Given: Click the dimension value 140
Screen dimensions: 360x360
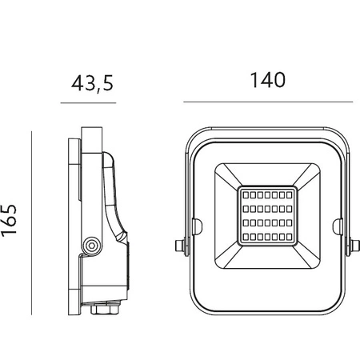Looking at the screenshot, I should coord(268,81).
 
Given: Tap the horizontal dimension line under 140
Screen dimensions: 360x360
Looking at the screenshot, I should coord(268,102).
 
